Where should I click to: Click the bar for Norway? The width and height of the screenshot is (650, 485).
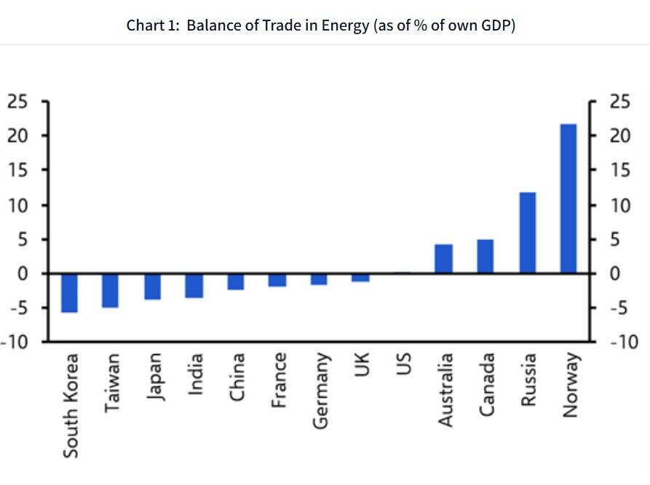568,199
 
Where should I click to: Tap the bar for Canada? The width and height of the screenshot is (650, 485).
485,256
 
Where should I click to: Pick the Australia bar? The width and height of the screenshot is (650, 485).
443,259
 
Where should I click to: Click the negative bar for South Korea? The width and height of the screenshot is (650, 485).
69,293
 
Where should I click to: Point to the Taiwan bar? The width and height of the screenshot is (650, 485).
110,290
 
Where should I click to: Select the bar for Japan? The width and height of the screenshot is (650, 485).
152,286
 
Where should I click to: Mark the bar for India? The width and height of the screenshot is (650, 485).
194,286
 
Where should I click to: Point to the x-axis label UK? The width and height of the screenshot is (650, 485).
362,366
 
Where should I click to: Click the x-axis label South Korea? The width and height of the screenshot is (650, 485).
70,405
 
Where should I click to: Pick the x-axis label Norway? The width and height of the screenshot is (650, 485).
570,385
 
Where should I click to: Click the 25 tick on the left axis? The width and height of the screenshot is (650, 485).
17,101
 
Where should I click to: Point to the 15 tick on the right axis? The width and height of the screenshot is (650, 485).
619,170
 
